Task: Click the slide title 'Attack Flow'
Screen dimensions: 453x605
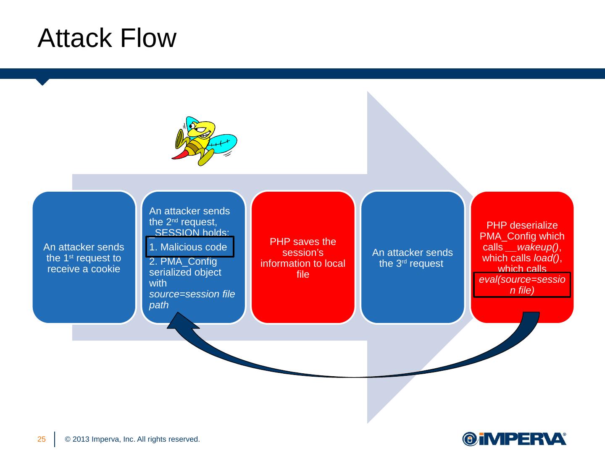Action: [107, 39]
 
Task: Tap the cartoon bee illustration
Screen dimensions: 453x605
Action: [204, 141]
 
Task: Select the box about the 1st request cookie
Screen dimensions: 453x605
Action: [84, 258]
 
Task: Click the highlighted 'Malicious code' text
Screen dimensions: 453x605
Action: [189, 247]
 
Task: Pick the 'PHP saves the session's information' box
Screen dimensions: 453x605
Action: [303, 258]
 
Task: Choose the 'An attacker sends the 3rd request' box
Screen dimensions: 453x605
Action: [413, 258]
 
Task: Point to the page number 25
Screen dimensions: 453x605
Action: [42, 440]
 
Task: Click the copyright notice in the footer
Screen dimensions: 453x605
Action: [132, 440]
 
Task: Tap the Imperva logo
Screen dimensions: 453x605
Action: [514, 439]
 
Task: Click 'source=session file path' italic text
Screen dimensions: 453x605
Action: [192, 299]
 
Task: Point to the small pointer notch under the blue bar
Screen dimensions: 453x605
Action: [42, 82]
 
